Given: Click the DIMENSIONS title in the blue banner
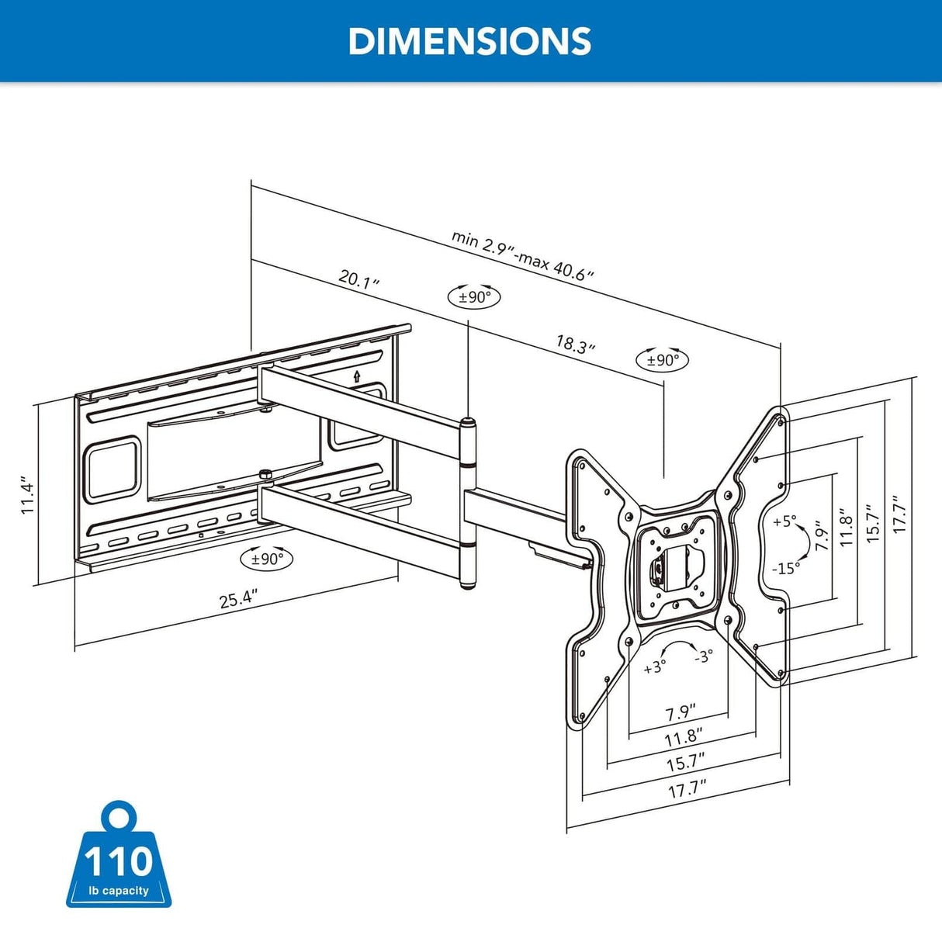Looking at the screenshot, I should pos(469,41).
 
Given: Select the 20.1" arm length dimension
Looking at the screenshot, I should pos(358,279).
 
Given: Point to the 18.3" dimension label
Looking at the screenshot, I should pos(575,344).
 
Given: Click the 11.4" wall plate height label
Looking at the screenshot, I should pos(28,496).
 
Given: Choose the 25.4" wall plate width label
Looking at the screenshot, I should pos(237,600).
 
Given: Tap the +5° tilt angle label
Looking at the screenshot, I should pos(784,521).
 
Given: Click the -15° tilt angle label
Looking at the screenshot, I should pos(785,568).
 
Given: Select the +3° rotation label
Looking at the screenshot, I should pos(654,667).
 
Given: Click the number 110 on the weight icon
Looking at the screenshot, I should pos(119,862).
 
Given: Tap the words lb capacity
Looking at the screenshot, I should pos(119,890).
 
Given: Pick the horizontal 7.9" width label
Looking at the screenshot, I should pos(681,712).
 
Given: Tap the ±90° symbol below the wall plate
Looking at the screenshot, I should pos(267,558).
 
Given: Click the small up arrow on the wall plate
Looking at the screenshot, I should pos(356,377).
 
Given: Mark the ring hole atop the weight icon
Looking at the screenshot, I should pos(119,818).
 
